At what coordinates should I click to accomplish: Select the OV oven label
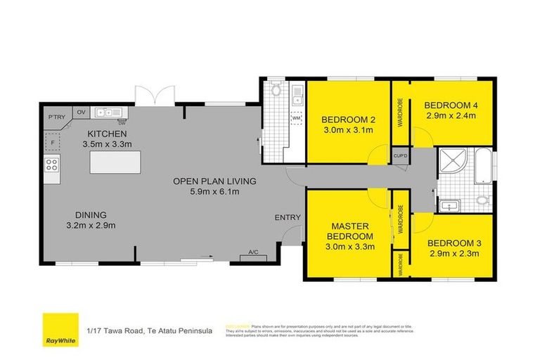point(81,112)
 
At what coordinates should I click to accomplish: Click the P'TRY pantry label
point(56,118)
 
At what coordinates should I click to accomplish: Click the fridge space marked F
point(52,143)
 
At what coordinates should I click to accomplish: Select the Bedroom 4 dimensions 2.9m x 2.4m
point(451,117)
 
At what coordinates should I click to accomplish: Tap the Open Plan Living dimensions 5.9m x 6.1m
point(215,192)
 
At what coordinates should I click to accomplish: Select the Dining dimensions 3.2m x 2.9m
point(91,226)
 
